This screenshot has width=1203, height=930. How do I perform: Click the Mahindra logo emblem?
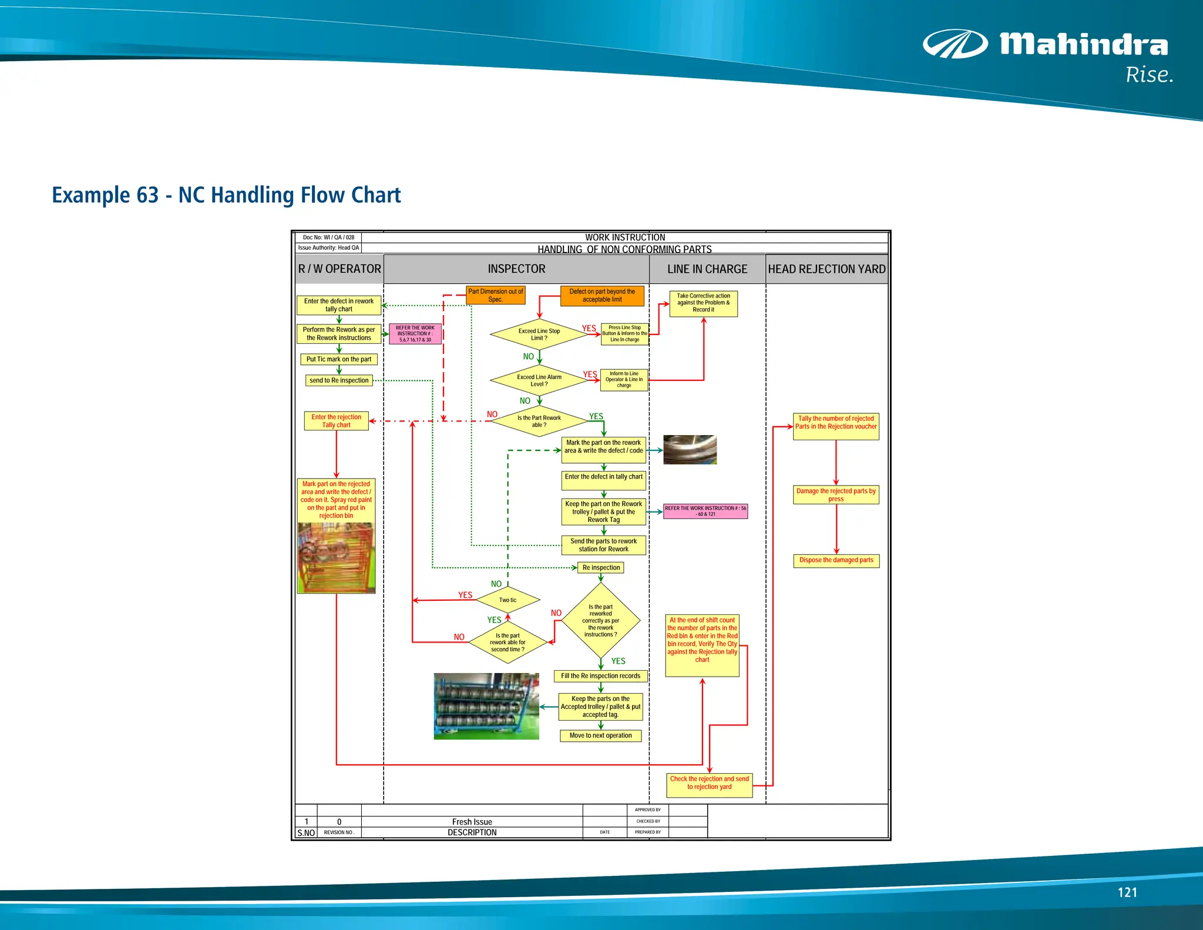(955, 44)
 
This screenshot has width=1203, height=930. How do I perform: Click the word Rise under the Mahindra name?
(1148, 75)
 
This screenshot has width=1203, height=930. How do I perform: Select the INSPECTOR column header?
(516, 269)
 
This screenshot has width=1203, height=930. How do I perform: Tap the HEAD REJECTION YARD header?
(826, 269)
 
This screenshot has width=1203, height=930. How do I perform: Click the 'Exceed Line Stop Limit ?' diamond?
(539, 334)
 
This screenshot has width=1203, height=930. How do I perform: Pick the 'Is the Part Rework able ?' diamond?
(539, 421)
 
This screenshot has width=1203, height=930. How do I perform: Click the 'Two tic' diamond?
(508, 600)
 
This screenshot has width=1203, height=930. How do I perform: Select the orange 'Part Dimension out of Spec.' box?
(495, 295)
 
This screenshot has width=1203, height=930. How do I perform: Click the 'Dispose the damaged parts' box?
(836, 560)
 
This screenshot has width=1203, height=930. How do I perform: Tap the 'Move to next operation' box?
(600, 735)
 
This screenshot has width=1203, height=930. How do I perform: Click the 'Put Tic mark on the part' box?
(339, 359)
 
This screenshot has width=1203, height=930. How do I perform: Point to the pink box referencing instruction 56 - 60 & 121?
(705, 511)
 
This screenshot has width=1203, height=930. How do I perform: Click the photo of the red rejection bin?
(336, 557)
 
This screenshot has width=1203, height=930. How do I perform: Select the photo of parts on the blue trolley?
(486, 706)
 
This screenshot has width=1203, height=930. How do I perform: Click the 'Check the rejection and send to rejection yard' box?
(709, 783)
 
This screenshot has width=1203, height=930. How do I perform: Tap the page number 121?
(1127, 892)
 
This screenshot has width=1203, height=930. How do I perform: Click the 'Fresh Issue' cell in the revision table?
(472, 822)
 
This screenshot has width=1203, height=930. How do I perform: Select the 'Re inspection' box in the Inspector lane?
(601, 568)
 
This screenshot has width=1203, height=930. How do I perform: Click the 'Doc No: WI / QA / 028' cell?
(328, 237)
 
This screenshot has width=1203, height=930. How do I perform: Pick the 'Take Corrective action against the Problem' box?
(703, 303)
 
